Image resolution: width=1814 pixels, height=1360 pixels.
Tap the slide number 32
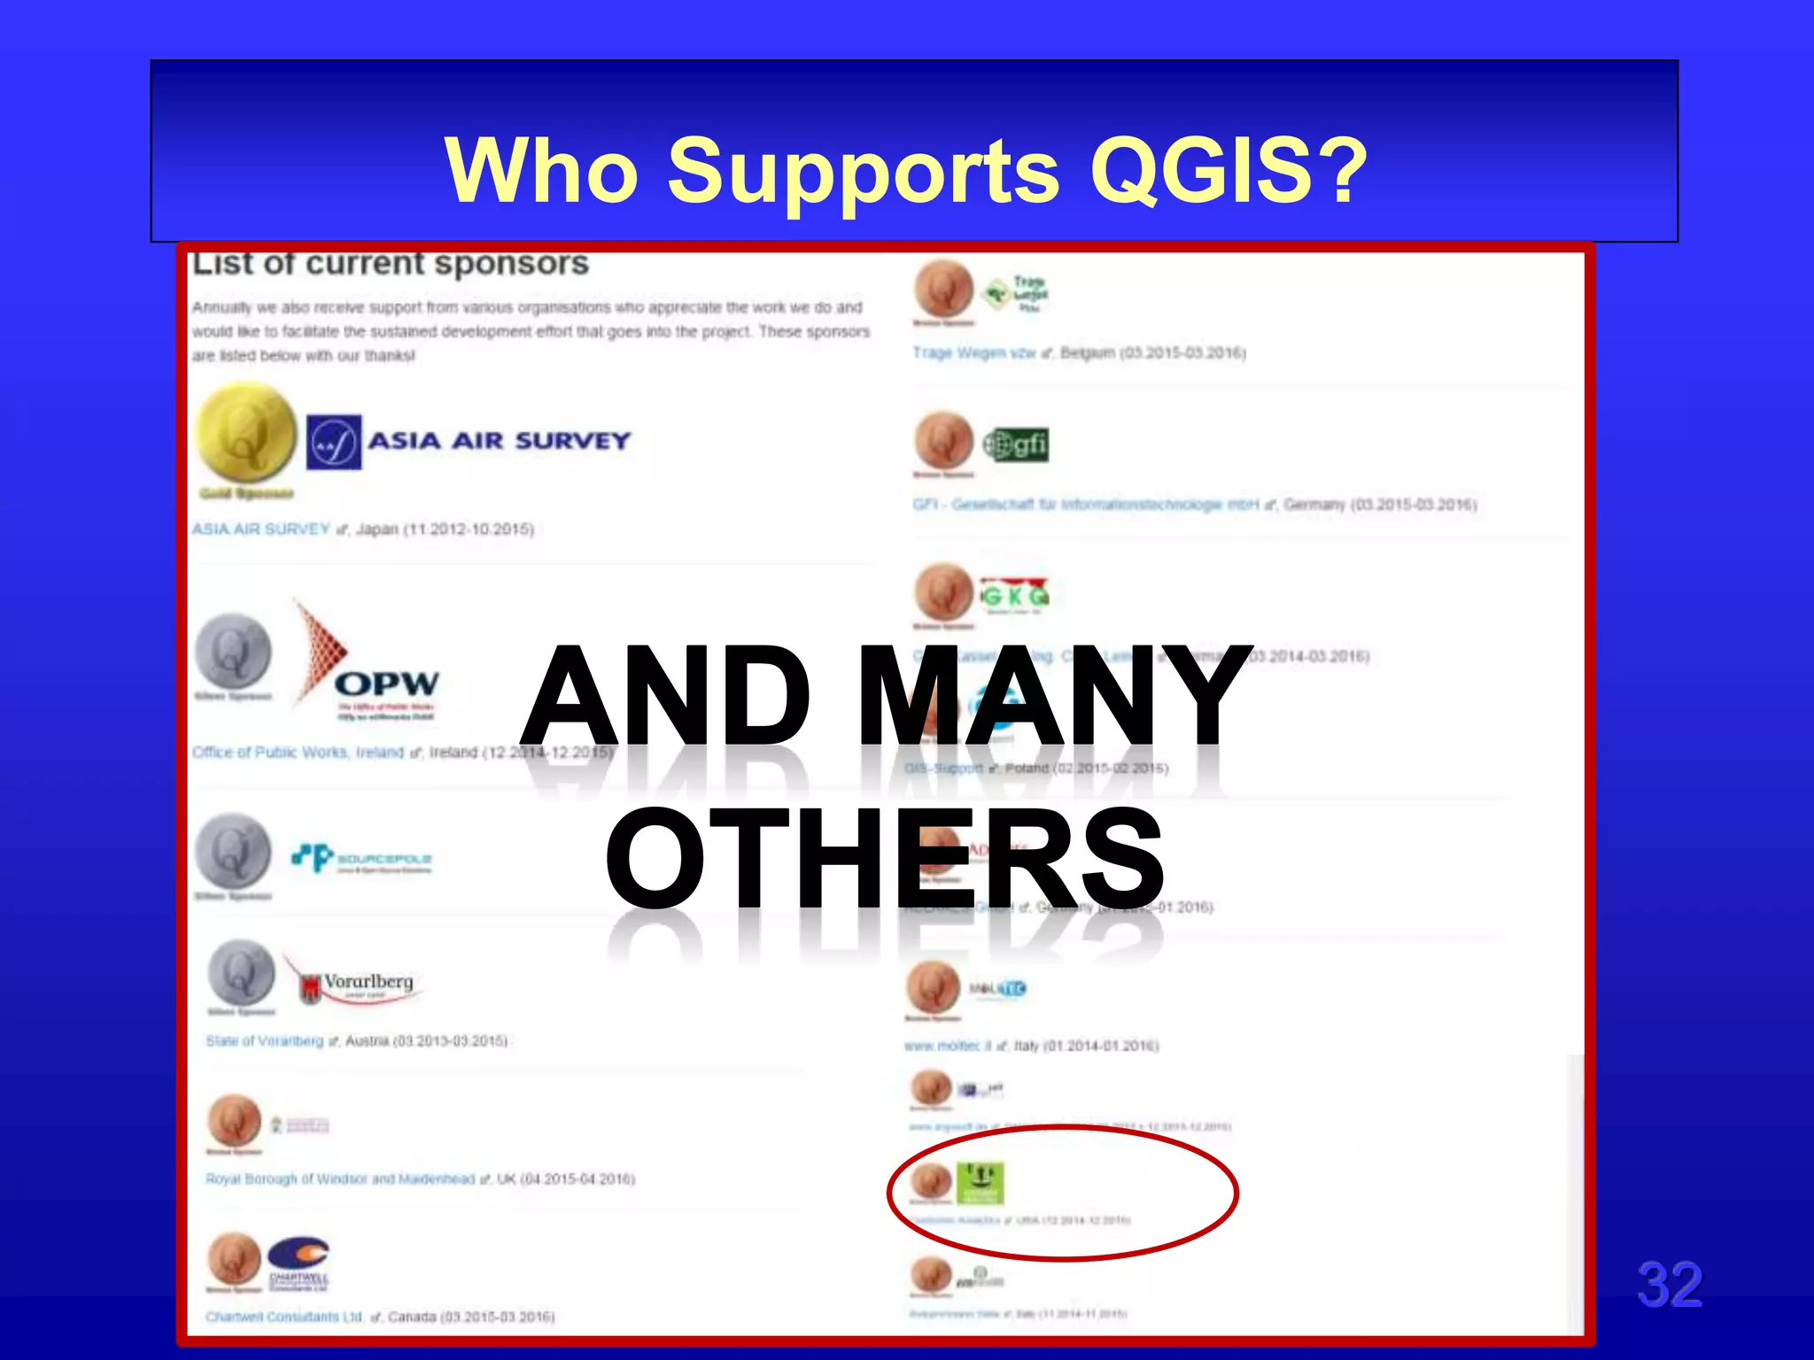[1669, 1285]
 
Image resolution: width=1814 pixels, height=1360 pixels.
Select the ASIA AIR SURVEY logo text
[499, 441]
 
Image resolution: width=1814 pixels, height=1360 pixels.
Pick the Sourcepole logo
[361, 858]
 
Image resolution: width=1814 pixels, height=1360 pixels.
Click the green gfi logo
[1016, 444]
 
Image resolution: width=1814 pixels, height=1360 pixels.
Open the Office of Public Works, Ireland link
[298, 753]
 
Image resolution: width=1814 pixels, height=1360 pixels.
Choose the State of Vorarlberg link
[264, 1041]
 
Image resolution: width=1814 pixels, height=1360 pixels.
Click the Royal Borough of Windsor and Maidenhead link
[340, 1179]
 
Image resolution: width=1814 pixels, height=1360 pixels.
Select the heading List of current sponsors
[391, 264]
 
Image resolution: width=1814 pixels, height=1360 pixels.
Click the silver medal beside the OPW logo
[234, 653]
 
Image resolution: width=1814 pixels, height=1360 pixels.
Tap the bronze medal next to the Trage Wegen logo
[944, 290]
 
